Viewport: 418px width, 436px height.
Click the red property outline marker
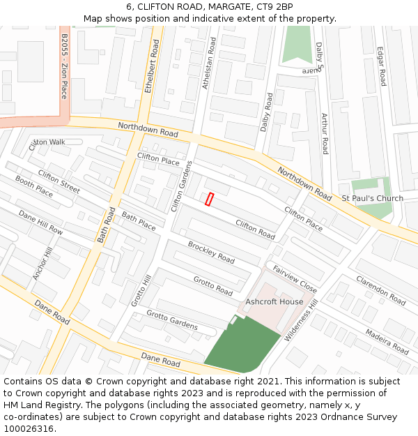[x=209, y=199]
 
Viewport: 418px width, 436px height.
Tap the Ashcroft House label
[x=274, y=301]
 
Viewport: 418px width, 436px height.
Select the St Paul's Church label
[x=372, y=198]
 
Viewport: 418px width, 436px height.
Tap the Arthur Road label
[x=325, y=133]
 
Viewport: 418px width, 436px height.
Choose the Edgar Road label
[x=382, y=66]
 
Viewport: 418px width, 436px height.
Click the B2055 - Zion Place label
[x=63, y=66]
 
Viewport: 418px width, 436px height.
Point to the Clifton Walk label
[x=47, y=142]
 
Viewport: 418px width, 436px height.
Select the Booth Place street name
[x=34, y=186]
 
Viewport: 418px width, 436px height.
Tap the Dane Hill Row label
[x=40, y=223]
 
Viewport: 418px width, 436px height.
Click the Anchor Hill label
[x=42, y=264]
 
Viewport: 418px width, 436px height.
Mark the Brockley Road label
[x=211, y=252]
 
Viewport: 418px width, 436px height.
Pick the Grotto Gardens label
[x=171, y=320]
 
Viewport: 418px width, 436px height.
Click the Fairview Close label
[x=295, y=279]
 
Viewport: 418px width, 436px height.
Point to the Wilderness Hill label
[x=301, y=320]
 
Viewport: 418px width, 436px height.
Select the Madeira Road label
[x=387, y=341]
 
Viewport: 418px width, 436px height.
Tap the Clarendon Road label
[x=380, y=290]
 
